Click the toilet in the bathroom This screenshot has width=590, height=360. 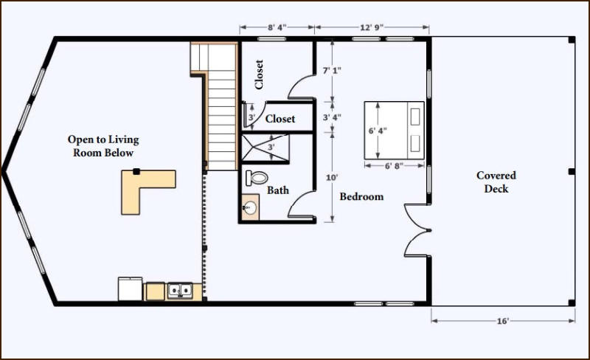pyautogui.click(x=257, y=177)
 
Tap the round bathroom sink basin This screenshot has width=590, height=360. pyautogui.click(x=249, y=207)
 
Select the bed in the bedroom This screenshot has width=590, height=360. pyautogui.click(x=394, y=131)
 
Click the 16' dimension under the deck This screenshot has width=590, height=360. pyautogui.click(x=503, y=321)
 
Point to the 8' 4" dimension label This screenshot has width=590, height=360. pyautogui.click(x=277, y=27)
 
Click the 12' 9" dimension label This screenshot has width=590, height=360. pyautogui.click(x=372, y=27)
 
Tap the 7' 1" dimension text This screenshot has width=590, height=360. pyautogui.click(x=332, y=70)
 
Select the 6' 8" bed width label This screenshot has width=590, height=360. pyautogui.click(x=394, y=166)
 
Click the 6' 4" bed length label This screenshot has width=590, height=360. pyautogui.click(x=378, y=131)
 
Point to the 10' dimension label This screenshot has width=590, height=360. pyautogui.click(x=332, y=177)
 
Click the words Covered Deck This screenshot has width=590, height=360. pyautogui.click(x=496, y=182)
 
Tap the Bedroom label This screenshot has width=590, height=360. pyautogui.click(x=361, y=196)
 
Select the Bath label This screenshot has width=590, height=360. pyautogui.click(x=278, y=190)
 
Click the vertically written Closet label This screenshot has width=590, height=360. pyautogui.click(x=259, y=75)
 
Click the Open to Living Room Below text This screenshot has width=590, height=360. pyautogui.click(x=103, y=146)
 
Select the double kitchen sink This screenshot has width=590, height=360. pyautogui.click(x=180, y=291)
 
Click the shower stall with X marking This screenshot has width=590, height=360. pyautogui.click(x=265, y=148)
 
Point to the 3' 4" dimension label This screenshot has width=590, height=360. pyautogui.click(x=332, y=117)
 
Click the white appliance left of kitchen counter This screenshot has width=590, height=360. pyautogui.click(x=131, y=289)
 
